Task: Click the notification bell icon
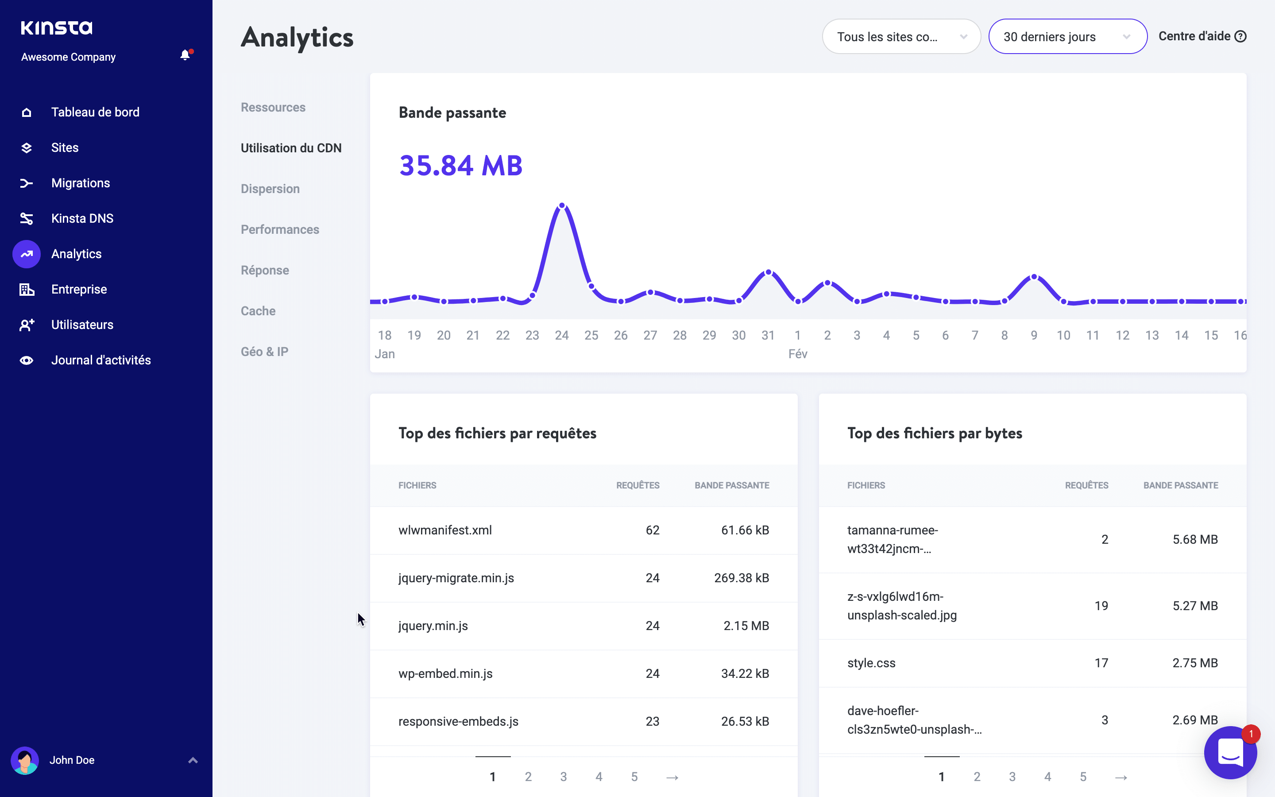185,55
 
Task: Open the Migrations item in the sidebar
81,183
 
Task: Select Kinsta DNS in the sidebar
82,218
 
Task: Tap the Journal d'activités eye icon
27,360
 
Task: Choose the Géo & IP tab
264,352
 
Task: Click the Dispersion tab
270,189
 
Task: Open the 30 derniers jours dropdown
1067,37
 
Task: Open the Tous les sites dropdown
901,37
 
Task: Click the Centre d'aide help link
1202,36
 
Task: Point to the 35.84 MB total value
461,166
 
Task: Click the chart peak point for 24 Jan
562,205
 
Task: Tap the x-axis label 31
768,335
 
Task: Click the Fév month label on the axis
798,354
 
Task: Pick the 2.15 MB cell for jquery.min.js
746,626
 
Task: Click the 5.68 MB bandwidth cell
1195,539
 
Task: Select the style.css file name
871,663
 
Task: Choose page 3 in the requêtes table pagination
564,777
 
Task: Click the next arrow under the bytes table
1121,777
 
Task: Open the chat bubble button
1230,753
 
